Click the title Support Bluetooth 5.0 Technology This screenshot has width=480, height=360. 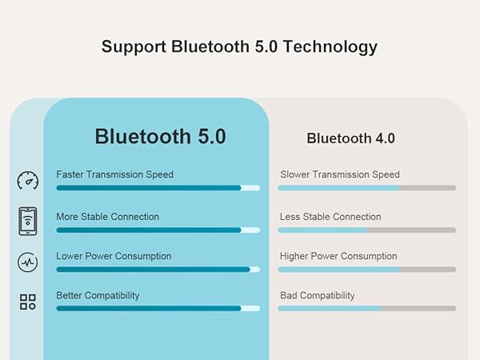(239, 46)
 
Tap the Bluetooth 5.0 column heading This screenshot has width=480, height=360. (160, 136)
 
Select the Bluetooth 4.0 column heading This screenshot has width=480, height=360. (350, 138)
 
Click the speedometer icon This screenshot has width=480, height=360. (27, 180)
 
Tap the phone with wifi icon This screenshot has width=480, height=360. (27, 222)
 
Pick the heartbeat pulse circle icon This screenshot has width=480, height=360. (27, 262)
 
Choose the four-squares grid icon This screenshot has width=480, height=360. (27, 302)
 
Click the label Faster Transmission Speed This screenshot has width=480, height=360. (114, 174)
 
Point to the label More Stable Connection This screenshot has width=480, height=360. (107, 217)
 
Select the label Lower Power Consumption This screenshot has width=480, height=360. (114, 256)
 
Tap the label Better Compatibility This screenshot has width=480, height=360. (98, 295)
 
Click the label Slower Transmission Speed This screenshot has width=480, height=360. (339, 174)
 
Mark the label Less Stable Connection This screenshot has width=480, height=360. (330, 217)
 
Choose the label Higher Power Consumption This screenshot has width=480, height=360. (338, 256)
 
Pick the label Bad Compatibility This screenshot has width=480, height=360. (317, 295)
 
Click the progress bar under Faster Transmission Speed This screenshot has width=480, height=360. (158, 188)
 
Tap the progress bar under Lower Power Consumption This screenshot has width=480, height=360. (158, 270)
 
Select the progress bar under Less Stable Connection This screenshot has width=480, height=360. (366, 230)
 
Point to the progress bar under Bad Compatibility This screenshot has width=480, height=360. (366, 308)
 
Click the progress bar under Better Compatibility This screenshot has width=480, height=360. (158, 308)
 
